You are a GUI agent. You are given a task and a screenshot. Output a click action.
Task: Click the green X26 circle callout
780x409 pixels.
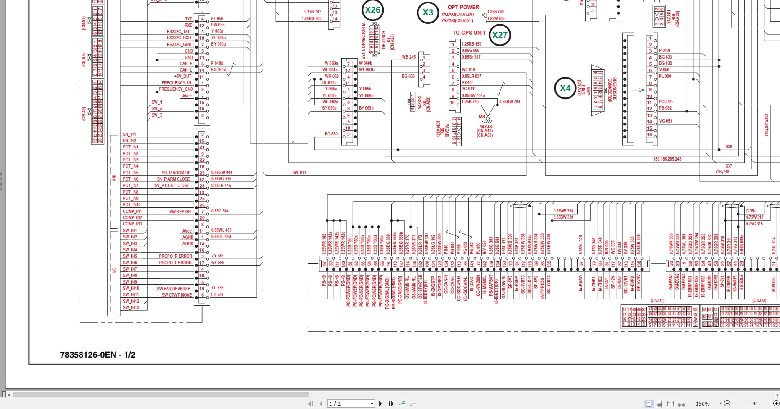(372, 10)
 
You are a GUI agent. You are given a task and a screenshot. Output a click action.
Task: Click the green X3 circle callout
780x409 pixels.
(428, 13)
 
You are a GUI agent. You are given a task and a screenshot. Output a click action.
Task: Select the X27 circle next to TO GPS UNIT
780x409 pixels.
(500, 35)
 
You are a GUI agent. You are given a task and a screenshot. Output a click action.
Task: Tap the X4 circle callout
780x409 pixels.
(565, 88)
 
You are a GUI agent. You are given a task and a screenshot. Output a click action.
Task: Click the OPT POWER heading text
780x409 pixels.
(463, 7)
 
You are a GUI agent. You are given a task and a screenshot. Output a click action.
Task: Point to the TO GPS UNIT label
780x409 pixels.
(469, 33)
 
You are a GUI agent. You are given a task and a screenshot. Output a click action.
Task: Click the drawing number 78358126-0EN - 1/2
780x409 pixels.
(97, 355)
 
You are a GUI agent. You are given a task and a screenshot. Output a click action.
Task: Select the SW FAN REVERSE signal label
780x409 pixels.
(173, 289)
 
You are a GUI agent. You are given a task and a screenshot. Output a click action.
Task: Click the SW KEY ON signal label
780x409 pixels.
(180, 212)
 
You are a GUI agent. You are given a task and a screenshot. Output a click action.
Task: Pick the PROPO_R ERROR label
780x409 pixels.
(175, 256)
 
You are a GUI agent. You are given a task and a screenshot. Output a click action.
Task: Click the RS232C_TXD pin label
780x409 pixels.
(179, 31)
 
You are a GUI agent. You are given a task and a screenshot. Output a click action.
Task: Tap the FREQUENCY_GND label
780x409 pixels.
(176, 89)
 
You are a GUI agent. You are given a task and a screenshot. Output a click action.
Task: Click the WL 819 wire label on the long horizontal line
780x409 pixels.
(300, 172)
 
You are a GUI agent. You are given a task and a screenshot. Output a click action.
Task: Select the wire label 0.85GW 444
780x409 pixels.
(221, 172)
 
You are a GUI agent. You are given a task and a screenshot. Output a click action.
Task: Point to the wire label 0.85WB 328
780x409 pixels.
(563, 211)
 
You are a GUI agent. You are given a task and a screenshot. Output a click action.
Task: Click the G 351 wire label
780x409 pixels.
(751, 211)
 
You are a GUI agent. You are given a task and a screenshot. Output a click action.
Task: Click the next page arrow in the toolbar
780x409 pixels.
(380, 404)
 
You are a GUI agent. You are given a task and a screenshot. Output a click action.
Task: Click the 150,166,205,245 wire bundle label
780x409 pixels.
(667, 159)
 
